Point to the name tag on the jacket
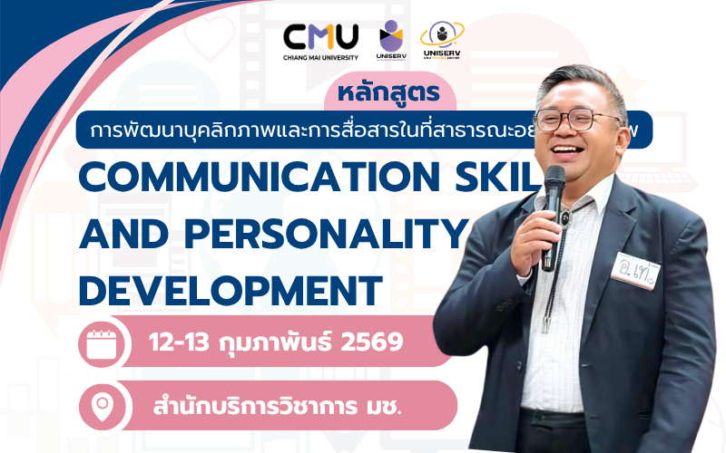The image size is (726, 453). [x=634, y=268]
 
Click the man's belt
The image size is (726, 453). [x=563, y=419]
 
